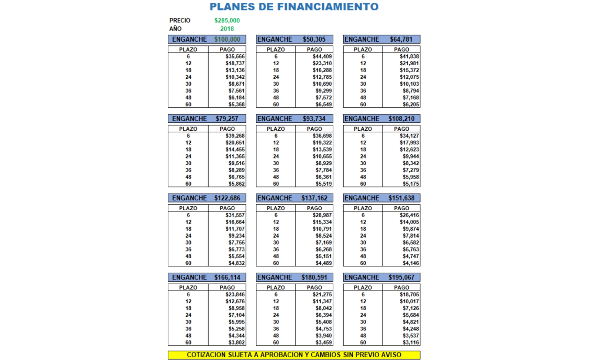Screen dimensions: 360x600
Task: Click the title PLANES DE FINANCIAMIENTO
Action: click(x=294, y=7)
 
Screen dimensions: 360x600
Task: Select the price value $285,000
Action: click(x=227, y=21)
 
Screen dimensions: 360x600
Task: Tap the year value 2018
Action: click(x=227, y=29)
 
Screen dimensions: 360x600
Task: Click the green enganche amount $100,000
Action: click(x=227, y=39)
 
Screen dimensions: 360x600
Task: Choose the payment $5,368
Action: click(x=235, y=105)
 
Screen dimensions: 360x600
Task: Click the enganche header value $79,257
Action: click(x=227, y=119)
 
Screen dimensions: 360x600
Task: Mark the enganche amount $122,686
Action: click(x=227, y=198)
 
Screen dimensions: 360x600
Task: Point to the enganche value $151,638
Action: click(x=401, y=198)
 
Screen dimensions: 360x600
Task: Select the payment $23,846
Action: click(x=235, y=294)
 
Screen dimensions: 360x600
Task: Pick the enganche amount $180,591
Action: click(x=314, y=277)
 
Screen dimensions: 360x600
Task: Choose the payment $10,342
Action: click(x=235, y=77)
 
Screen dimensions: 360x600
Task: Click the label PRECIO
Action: click(x=180, y=21)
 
